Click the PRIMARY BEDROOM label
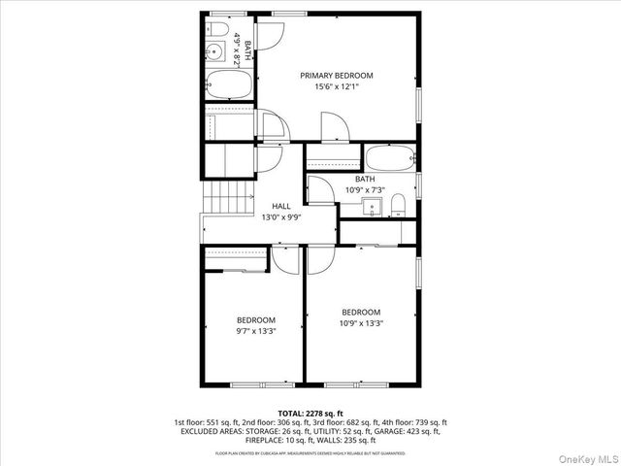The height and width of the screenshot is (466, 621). [336, 76]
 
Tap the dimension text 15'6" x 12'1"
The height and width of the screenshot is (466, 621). [336, 87]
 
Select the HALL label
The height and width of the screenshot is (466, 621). [281, 207]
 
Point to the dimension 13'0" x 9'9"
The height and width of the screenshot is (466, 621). [281, 217]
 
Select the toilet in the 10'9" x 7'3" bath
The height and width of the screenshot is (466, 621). [399, 203]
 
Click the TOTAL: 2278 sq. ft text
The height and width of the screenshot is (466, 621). [310, 413]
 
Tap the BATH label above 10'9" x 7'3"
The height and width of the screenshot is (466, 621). [365, 180]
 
